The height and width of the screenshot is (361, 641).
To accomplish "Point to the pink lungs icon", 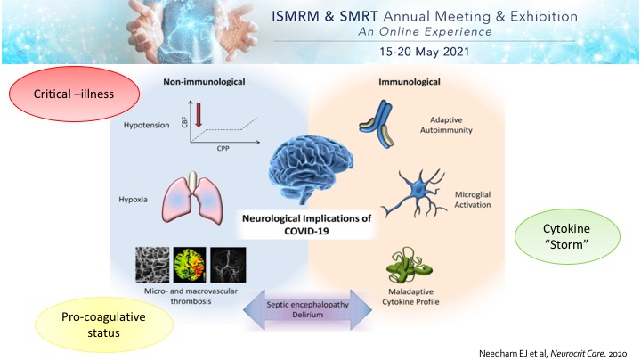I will click(192, 197).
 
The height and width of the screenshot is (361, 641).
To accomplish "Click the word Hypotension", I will click(146, 127).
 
